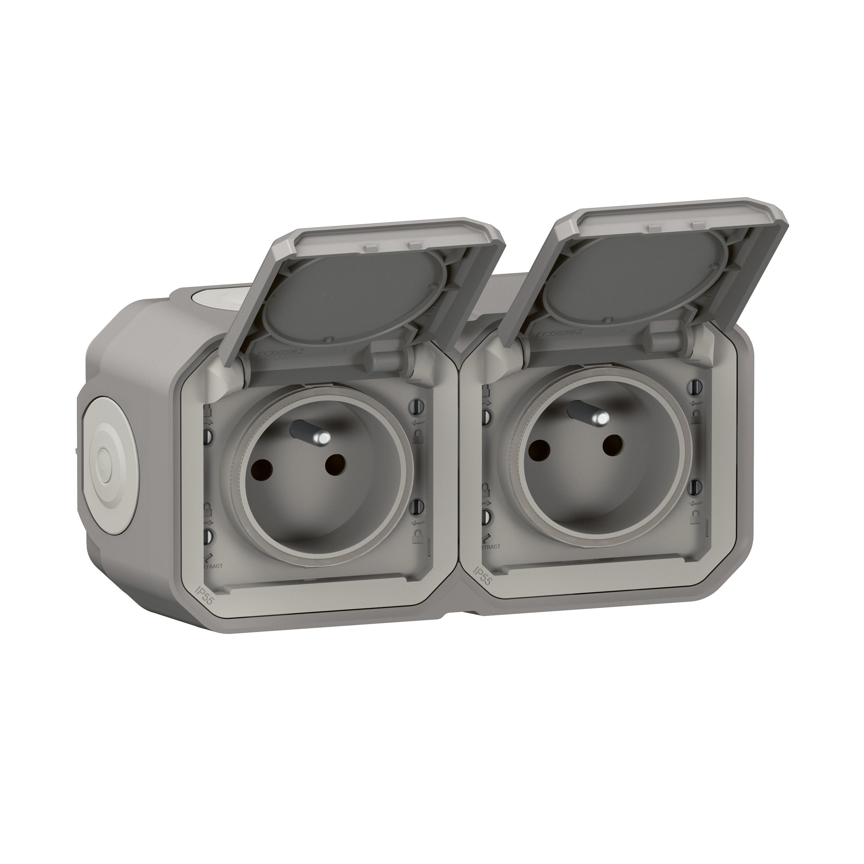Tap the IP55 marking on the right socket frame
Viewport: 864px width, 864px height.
(482, 574)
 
